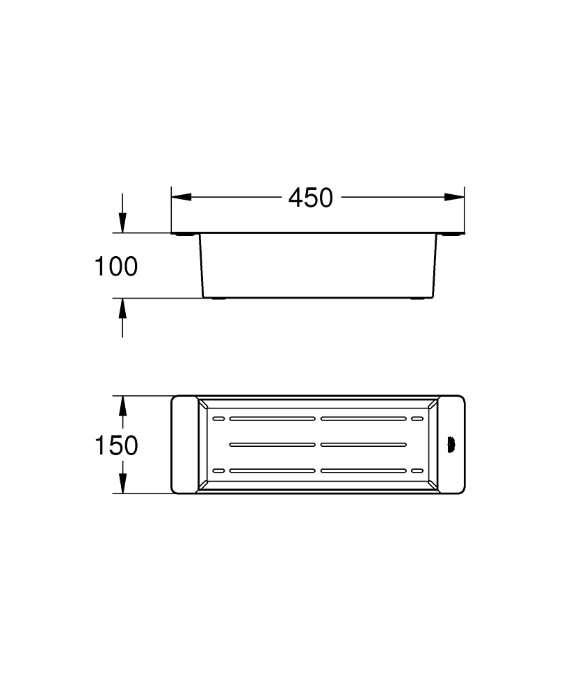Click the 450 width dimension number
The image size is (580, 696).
[311, 198]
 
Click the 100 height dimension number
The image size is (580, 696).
[116, 267]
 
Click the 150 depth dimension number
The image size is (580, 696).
[116, 445]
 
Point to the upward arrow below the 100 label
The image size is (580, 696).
[122, 309]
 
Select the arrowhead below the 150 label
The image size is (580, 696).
[122, 484]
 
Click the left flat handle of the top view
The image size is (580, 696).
[184, 445]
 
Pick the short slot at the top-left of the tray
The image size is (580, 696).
[218, 419]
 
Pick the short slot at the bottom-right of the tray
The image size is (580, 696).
[417, 470]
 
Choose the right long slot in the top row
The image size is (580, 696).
[363, 419]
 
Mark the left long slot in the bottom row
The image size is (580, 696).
[272, 470]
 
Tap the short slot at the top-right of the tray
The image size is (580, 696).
[417, 419]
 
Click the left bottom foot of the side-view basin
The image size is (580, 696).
[218, 299]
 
